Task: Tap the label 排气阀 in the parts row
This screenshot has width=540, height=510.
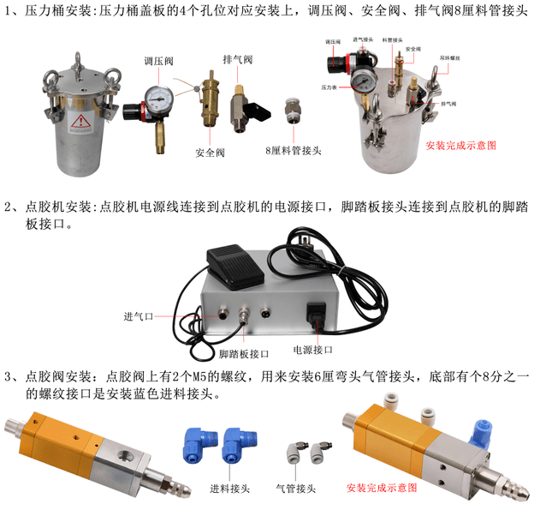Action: coord(235,62)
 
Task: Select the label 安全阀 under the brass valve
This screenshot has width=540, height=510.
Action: coord(210,153)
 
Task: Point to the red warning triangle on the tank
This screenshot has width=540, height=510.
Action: coord(81,121)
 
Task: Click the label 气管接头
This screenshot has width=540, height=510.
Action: coord(296,489)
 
